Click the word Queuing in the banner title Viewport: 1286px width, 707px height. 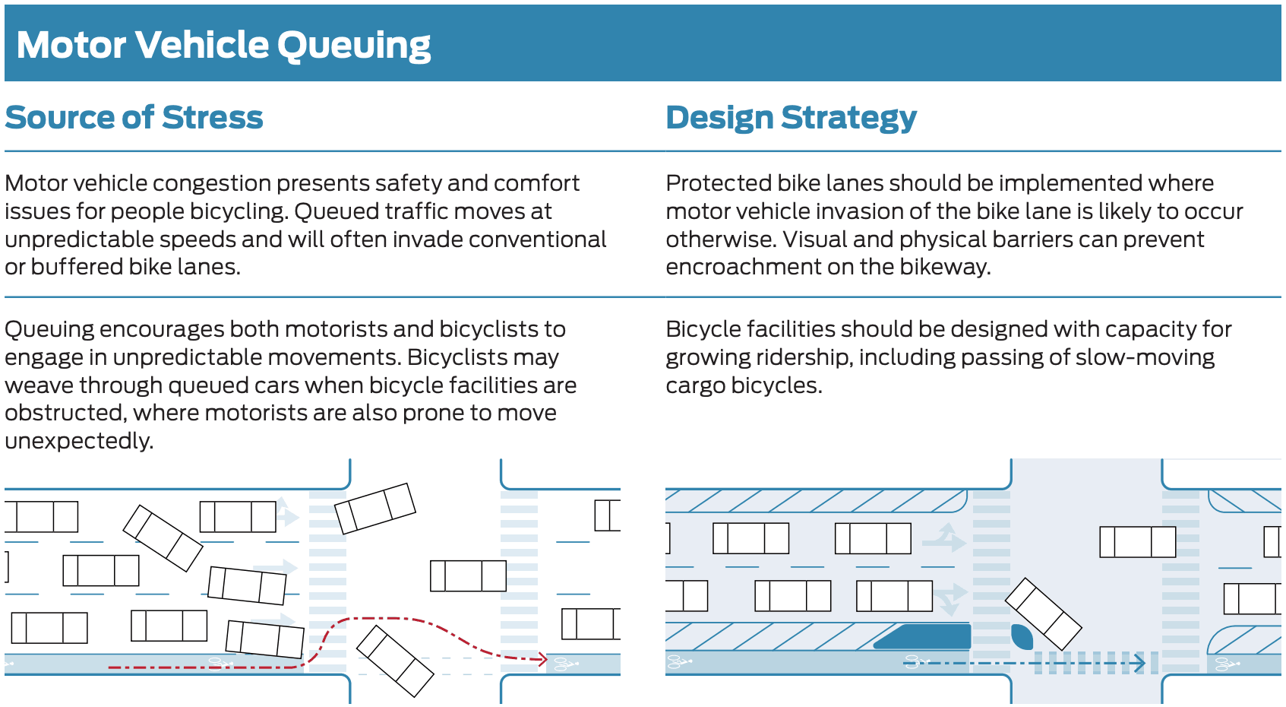coord(353,46)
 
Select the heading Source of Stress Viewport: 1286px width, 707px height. coord(134,118)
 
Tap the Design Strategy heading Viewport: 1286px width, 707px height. coord(791,118)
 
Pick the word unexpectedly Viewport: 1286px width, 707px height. coord(79,441)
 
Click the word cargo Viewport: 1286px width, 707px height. coord(695,385)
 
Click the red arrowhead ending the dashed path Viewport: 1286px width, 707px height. coord(542,658)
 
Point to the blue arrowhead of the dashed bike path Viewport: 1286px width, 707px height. coord(1139,663)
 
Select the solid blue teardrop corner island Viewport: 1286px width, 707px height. coord(1022,636)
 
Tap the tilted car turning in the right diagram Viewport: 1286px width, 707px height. coord(1043,613)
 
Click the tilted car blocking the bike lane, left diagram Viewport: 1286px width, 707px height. coord(395,661)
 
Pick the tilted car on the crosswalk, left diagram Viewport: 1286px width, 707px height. coord(375,508)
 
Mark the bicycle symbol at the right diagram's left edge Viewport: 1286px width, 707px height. coord(678,662)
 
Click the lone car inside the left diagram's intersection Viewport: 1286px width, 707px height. coord(468,575)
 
